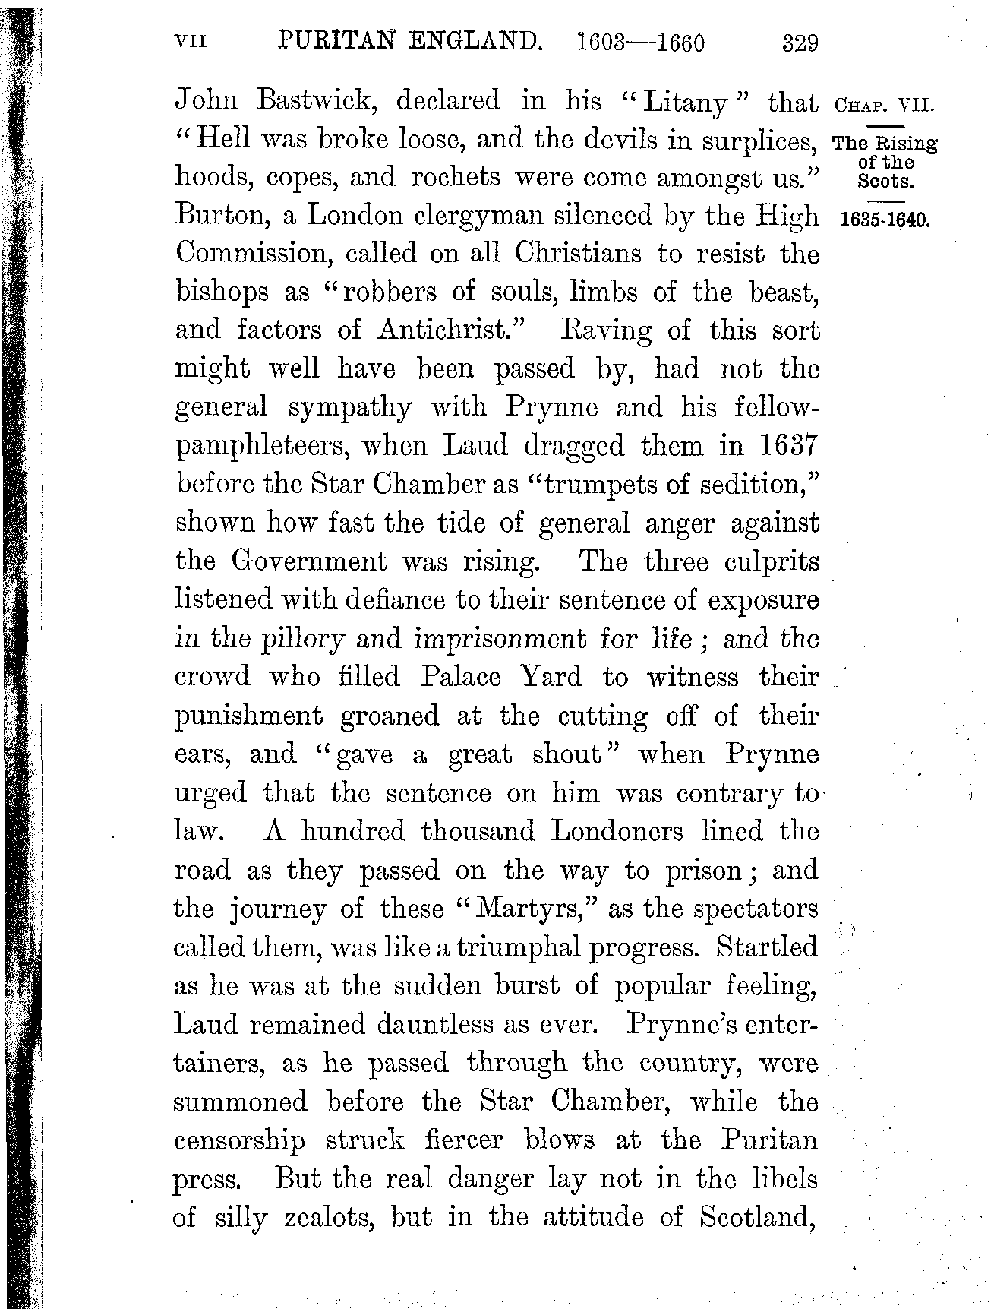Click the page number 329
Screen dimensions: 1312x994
click(x=800, y=43)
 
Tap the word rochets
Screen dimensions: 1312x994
click(x=458, y=178)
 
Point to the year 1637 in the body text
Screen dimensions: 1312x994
click(x=787, y=445)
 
